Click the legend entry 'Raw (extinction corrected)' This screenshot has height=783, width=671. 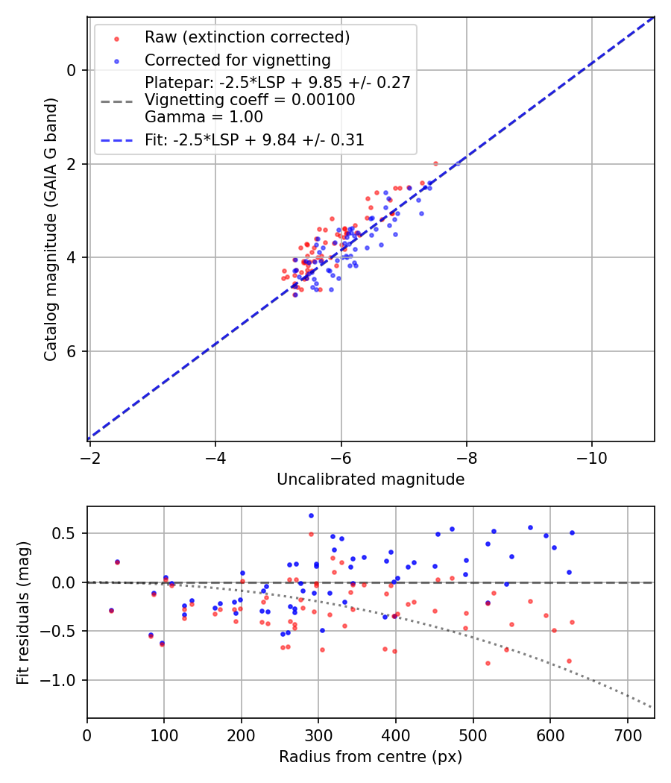pos(247,37)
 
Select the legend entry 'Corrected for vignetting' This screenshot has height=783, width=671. pos(238,60)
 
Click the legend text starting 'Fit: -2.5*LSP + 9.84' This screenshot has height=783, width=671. pos(254,140)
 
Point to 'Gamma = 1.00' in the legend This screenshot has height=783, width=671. pos(204,117)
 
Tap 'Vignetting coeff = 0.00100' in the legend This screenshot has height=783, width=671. pos(250,100)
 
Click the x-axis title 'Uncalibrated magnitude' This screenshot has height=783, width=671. pos(371,479)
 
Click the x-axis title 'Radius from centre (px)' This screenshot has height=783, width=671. pos(371,757)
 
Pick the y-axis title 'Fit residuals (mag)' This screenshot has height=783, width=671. pos(23,612)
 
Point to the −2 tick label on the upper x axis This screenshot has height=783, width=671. pos(90,454)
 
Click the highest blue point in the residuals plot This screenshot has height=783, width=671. pos(311,515)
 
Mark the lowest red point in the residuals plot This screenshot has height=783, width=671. pos(488,663)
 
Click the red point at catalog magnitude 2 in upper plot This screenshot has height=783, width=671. pos(435,163)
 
